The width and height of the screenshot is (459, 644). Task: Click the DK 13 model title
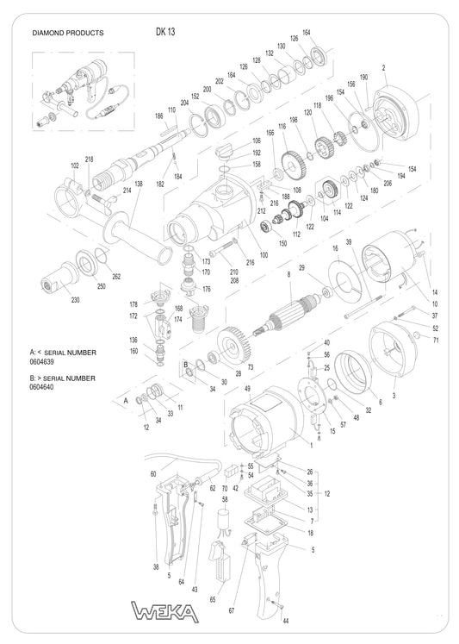(165, 32)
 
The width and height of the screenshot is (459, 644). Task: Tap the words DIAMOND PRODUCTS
(67, 34)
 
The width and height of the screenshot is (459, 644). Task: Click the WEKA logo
(164, 613)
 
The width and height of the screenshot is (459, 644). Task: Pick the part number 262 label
(116, 276)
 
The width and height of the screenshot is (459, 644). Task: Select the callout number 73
(251, 367)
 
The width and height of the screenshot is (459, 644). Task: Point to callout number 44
(286, 621)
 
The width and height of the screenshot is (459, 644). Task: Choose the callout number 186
(158, 116)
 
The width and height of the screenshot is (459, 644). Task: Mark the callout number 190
(363, 78)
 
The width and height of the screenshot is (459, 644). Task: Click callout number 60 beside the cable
(153, 473)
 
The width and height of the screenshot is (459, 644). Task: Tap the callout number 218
(90, 159)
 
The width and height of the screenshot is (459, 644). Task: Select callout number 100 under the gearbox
(264, 256)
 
